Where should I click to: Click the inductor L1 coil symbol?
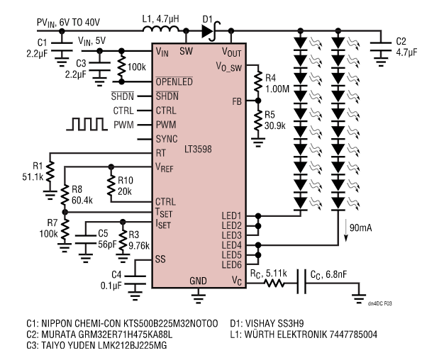(x=162, y=30)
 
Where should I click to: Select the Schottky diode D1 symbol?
(x=209, y=31)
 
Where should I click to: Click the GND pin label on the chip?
(x=198, y=281)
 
